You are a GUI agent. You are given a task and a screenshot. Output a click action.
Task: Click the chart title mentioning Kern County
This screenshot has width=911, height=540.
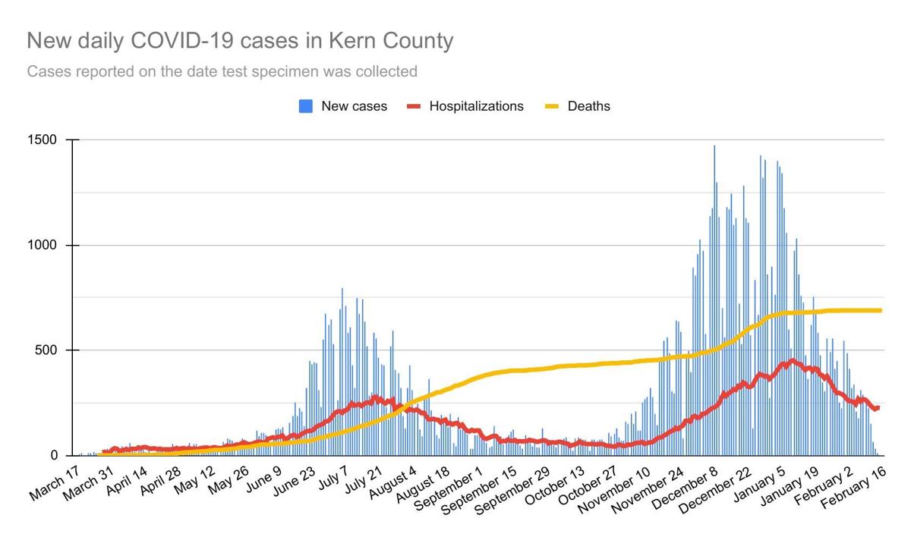click(x=240, y=40)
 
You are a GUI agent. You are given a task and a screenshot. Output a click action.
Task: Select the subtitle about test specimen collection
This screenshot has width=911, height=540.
click(x=222, y=72)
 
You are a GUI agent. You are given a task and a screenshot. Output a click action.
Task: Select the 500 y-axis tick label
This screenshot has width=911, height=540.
click(x=48, y=350)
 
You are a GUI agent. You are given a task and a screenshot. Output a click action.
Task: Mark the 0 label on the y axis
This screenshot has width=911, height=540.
click(x=55, y=455)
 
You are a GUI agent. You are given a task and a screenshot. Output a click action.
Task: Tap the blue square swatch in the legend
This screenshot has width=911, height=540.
click(x=306, y=106)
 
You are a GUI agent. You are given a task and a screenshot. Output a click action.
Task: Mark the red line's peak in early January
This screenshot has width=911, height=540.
click(x=793, y=361)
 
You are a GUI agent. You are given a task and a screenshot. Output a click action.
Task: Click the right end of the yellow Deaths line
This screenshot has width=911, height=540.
click(x=880, y=310)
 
